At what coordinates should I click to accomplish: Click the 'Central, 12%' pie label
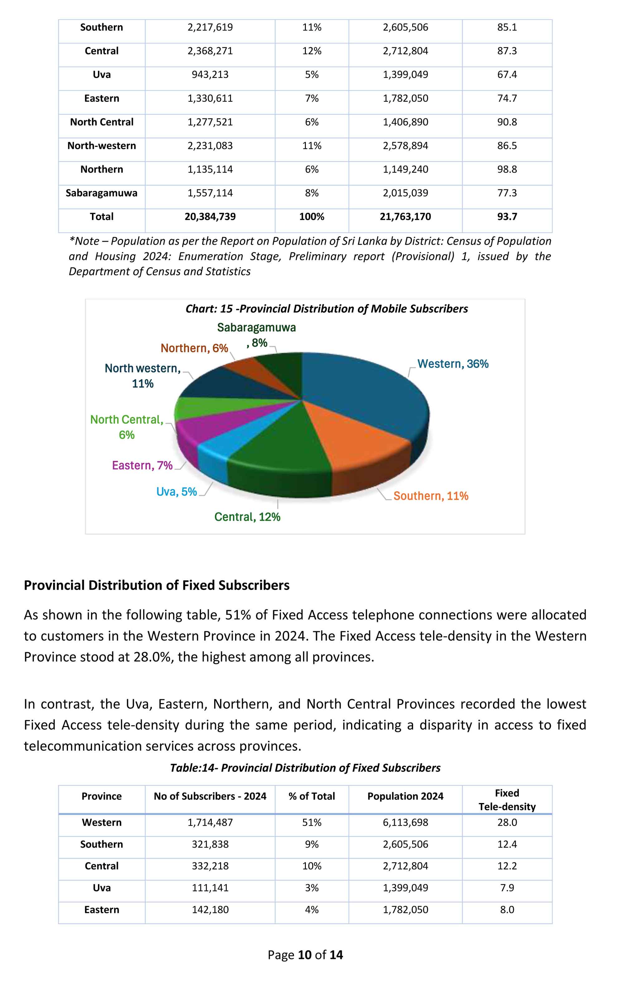(247, 517)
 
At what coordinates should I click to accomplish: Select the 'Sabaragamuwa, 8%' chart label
(256, 335)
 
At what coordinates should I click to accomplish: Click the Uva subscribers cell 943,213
(210, 74)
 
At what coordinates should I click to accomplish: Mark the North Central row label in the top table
(102, 122)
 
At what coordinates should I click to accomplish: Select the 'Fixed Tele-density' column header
(507, 800)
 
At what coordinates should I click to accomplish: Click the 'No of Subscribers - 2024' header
(210, 796)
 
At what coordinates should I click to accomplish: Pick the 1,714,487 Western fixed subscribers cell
(210, 822)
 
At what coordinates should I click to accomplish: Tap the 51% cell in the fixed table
(312, 822)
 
